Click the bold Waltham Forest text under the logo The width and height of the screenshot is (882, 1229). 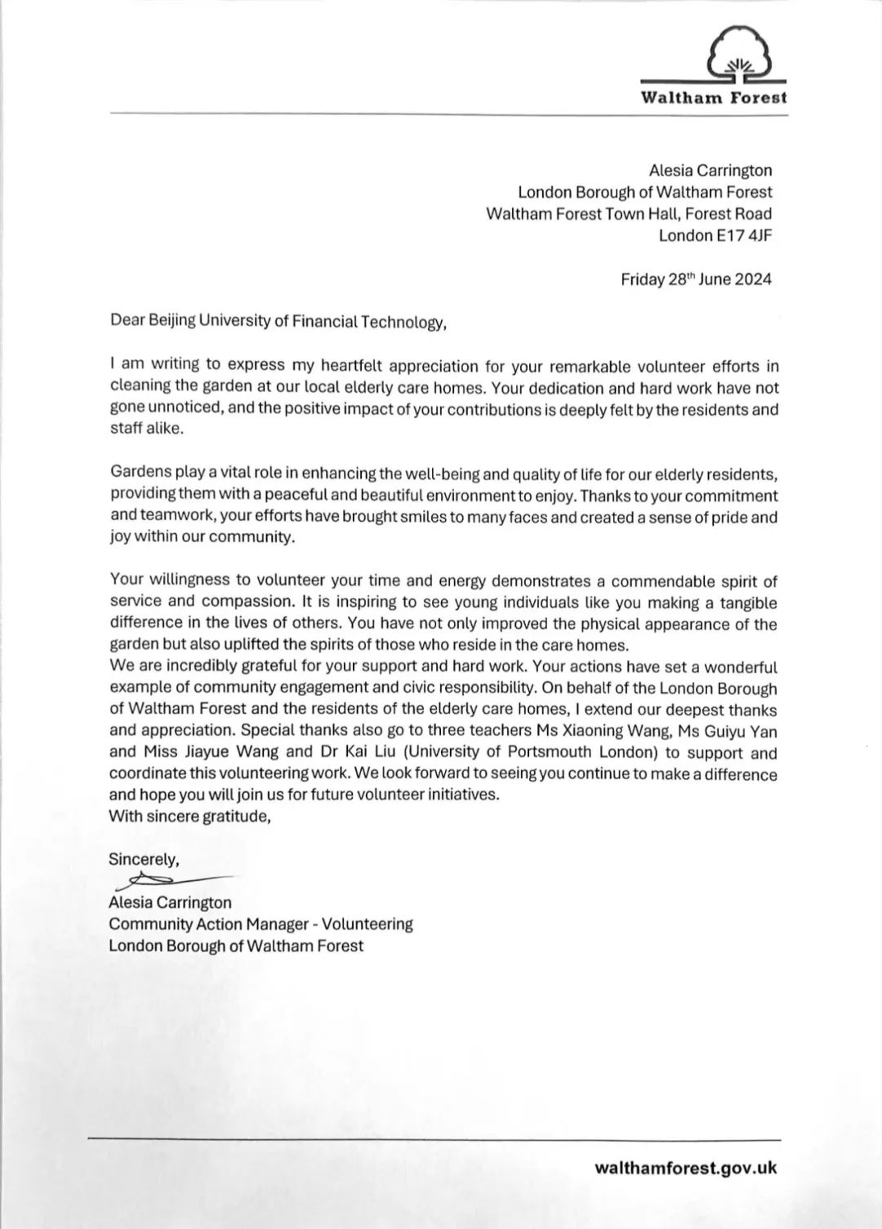coord(714,98)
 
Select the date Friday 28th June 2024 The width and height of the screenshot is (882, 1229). coord(696,278)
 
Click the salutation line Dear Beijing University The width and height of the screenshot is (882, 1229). coord(278,321)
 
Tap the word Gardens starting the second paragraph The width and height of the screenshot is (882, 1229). coord(137,474)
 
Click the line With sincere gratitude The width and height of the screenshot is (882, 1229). coord(189,815)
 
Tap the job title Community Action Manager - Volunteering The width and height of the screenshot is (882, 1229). coord(261,924)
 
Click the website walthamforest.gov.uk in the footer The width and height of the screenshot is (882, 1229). coord(685,1168)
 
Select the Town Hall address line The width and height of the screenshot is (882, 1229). coord(628,214)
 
